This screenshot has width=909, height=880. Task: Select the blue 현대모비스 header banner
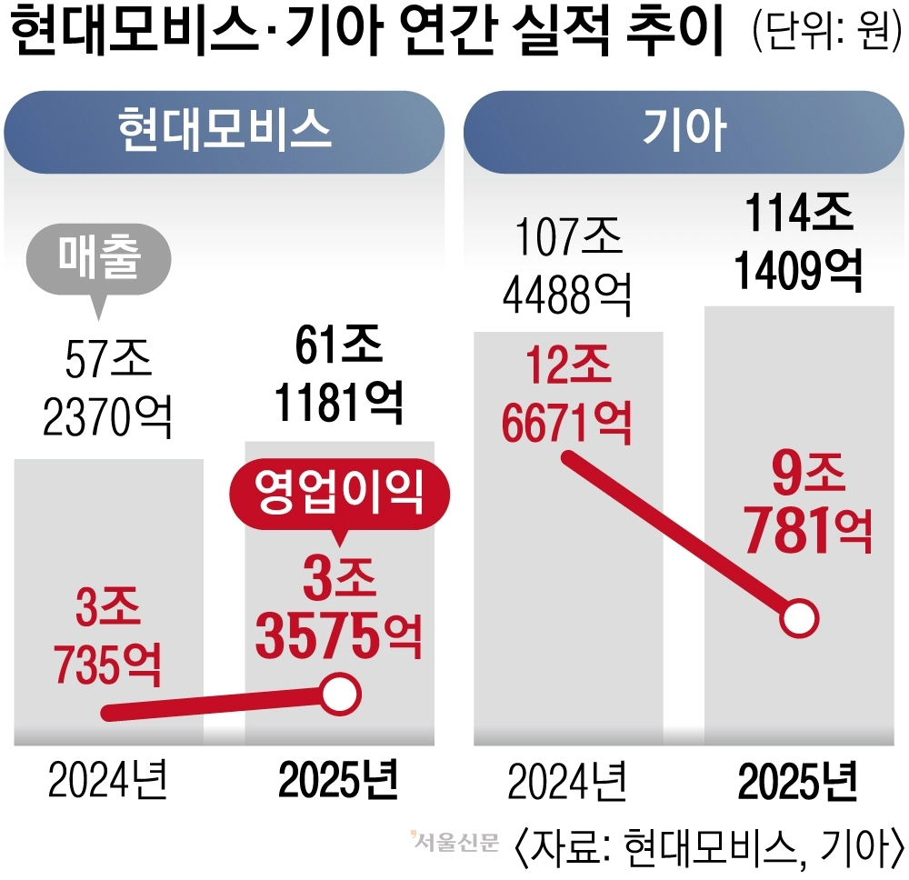point(224,130)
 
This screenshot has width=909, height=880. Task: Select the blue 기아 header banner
point(684,130)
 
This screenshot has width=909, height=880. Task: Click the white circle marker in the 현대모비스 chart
point(340,694)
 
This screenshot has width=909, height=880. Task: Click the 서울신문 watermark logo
point(454,843)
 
